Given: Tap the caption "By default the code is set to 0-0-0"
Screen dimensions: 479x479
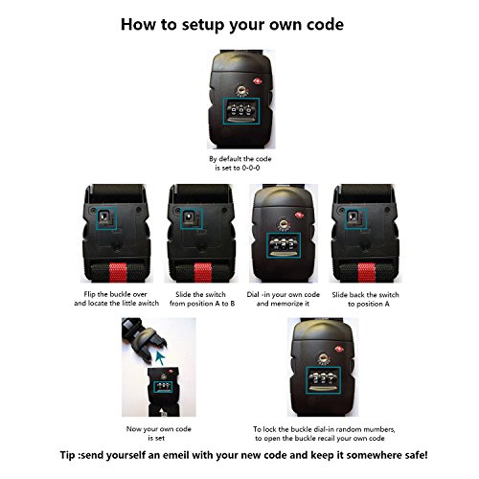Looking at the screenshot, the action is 239,163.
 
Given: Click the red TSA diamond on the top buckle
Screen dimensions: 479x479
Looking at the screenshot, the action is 258,81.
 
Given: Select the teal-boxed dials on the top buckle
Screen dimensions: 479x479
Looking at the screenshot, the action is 241,111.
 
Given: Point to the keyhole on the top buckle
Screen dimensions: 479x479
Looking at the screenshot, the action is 241,89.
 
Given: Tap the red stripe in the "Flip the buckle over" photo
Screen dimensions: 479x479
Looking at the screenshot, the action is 118,272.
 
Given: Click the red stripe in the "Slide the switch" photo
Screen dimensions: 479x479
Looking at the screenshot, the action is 203,272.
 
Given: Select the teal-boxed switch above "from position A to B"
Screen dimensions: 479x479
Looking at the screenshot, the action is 192,218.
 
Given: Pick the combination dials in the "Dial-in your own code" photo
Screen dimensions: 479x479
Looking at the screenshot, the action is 284,245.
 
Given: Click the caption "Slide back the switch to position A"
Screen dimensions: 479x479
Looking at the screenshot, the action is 365,299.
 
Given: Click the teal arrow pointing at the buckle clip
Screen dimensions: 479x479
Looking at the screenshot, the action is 160,358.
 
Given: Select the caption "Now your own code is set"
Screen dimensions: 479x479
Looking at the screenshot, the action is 158,433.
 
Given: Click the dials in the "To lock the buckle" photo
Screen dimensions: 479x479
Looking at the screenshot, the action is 324,380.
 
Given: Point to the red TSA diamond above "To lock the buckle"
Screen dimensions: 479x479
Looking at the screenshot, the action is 337,350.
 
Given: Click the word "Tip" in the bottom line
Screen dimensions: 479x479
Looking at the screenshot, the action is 67,455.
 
